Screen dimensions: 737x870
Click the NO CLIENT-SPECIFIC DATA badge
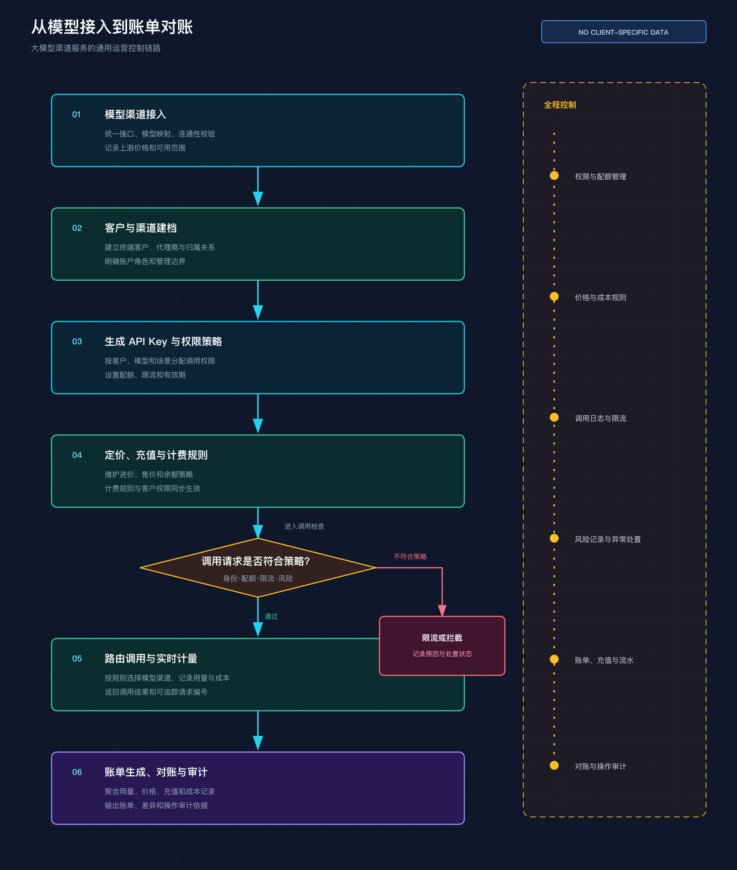coord(624,32)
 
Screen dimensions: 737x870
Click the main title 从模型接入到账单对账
coord(112,27)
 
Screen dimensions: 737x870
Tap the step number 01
coord(76,115)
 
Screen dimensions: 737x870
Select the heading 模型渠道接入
coord(135,115)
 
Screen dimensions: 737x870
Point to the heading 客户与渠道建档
coord(141,228)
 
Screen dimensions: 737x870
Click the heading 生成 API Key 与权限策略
coord(163,341)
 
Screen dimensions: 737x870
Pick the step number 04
coord(77,455)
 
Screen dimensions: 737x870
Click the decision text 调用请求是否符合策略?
coord(256,561)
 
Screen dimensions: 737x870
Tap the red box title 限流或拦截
coord(442,638)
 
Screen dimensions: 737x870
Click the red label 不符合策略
coord(410,557)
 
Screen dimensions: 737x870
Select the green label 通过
coord(271,616)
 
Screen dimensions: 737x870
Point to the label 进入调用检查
coord(304,526)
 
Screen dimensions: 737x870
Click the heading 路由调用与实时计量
coord(151,658)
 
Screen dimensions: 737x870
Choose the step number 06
coord(77,772)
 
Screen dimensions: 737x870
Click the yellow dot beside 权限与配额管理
coord(554,175)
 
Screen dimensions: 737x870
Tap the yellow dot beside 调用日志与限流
coord(554,417)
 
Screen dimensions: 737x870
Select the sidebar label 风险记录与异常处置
coord(608,539)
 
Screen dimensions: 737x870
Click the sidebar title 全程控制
coord(560,105)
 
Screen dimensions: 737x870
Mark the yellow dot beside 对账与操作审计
coord(554,765)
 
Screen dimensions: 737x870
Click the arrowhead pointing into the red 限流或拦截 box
coord(442,610)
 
